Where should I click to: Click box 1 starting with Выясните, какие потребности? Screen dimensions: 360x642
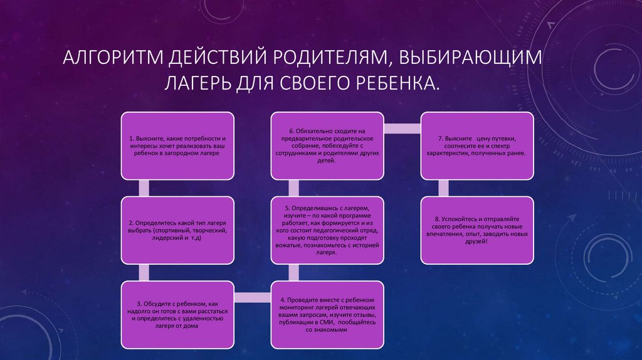pyautogui.click(x=177, y=145)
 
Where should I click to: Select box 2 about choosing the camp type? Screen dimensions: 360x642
pyautogui.click(x=177, y=230)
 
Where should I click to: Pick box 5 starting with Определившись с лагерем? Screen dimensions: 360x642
pyautogui.click(x=327, y=230)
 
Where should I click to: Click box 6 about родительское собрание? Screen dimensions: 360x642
pyautogui.click(x=327, y=145)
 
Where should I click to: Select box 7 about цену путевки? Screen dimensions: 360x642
pyautogui.click(x=476, y=145)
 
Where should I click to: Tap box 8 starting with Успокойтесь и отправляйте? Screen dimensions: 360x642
pyautogui.click(x=476, y=230)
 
